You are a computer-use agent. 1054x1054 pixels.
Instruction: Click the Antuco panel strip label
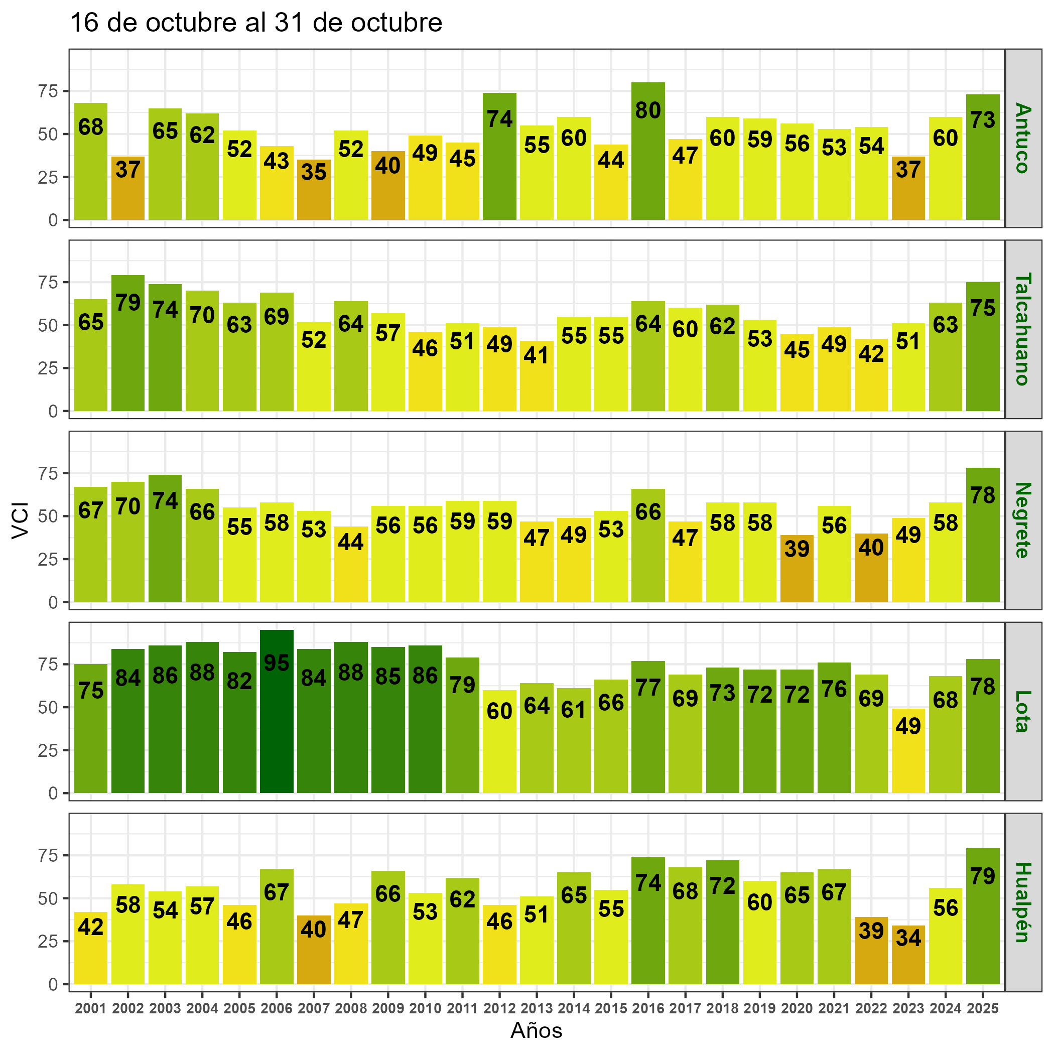1023,138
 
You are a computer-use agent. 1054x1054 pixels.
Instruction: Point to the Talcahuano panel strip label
1023,329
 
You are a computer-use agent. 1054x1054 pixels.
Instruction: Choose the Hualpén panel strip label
1023,902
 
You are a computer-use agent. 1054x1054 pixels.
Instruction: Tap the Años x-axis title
536,1030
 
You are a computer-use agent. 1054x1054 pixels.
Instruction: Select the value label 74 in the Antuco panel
500,119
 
